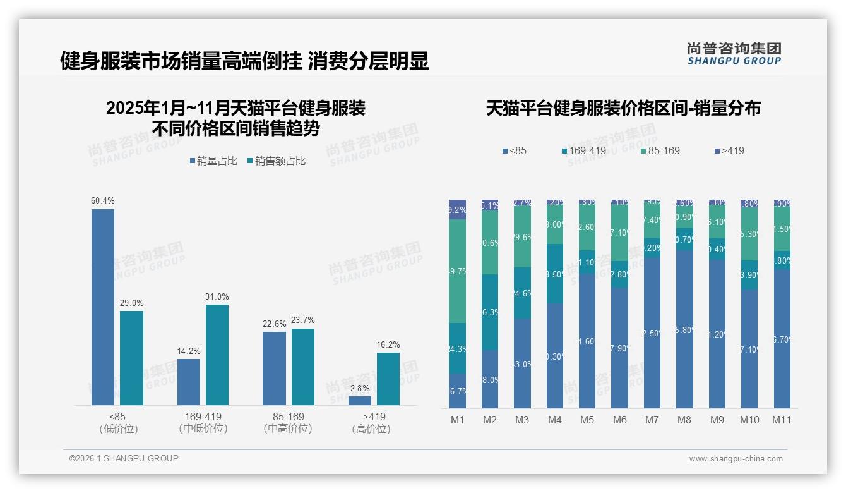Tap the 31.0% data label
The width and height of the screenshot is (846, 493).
tap(217, 297)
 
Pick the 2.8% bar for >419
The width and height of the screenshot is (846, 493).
tap(360, 400)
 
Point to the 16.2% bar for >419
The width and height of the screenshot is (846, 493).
tap(388, 379)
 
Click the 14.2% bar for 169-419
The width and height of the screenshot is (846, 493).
tap(189, 382)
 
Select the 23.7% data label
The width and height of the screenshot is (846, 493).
tap(303, 320)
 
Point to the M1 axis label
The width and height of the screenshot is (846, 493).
tap(458, 420)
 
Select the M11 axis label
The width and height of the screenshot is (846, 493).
tap(782, 420)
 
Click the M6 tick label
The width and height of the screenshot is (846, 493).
tap(619, 420)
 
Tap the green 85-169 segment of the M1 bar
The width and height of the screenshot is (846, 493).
tap(458, 271)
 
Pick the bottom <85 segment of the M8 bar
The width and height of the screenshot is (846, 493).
tap(684, 329)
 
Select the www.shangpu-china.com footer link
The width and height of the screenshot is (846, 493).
tap(736, 459)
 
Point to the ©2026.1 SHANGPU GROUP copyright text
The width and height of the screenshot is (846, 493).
tap(124, 458)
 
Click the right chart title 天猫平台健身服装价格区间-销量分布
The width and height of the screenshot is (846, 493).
tap(623, 109)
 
